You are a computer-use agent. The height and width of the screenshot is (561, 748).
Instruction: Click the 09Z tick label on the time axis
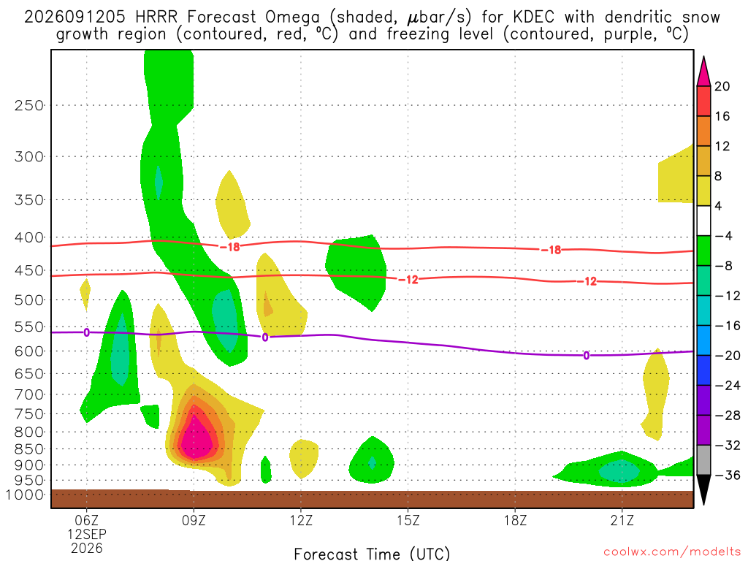coord(194,520)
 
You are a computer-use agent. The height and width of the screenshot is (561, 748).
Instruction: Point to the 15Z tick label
coord(408,520)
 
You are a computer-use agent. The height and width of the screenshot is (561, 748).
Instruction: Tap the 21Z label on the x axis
coord(622,520)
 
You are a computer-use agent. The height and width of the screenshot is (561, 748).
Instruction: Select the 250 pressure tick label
coord(29,105)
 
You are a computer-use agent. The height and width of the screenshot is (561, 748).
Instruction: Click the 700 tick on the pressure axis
coord(29,394)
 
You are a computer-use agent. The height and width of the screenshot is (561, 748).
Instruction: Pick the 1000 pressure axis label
coord(24,495)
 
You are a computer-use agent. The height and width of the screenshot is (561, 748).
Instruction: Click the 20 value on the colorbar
coord(722,86)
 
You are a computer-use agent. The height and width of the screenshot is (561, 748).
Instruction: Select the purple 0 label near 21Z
coord(587,356)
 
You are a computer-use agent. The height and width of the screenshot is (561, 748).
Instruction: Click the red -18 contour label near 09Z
coord(230,247)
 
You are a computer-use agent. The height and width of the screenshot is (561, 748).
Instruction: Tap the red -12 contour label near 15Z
coord(408,280)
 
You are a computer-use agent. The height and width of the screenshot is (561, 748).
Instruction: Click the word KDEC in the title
coord(533,18)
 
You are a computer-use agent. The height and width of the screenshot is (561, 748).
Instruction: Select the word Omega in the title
coord(292,18)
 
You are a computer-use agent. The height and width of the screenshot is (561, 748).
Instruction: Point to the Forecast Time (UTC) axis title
coord(372,554)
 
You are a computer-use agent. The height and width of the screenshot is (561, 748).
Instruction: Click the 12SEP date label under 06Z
coord(87,534)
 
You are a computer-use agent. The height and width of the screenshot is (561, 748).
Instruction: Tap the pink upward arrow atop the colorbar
coord(703,72)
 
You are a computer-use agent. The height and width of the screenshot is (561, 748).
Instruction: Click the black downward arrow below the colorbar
coord(703,489)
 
